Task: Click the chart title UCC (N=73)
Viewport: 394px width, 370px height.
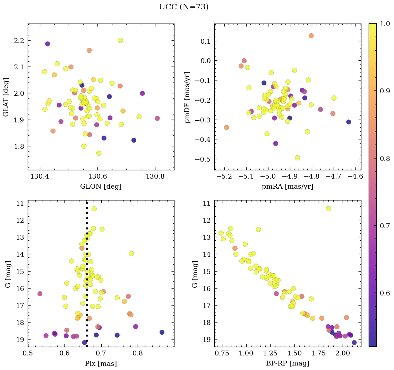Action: [183, 7]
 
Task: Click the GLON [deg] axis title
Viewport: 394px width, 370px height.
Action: [101, 186]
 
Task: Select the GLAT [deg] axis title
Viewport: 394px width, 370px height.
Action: [6, 97]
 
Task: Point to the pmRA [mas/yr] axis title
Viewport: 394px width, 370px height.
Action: [288, 186]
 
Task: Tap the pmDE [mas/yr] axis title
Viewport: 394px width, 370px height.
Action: [188, 97]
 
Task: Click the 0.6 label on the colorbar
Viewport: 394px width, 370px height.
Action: [385, 293]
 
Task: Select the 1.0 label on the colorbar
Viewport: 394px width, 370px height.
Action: [385, 24]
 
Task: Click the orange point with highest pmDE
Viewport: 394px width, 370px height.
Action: [311, 36]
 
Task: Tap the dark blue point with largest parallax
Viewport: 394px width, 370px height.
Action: [162, 332]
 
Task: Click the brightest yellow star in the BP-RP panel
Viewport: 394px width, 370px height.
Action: [328, 209]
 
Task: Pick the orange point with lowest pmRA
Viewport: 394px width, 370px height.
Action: [226, 127]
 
